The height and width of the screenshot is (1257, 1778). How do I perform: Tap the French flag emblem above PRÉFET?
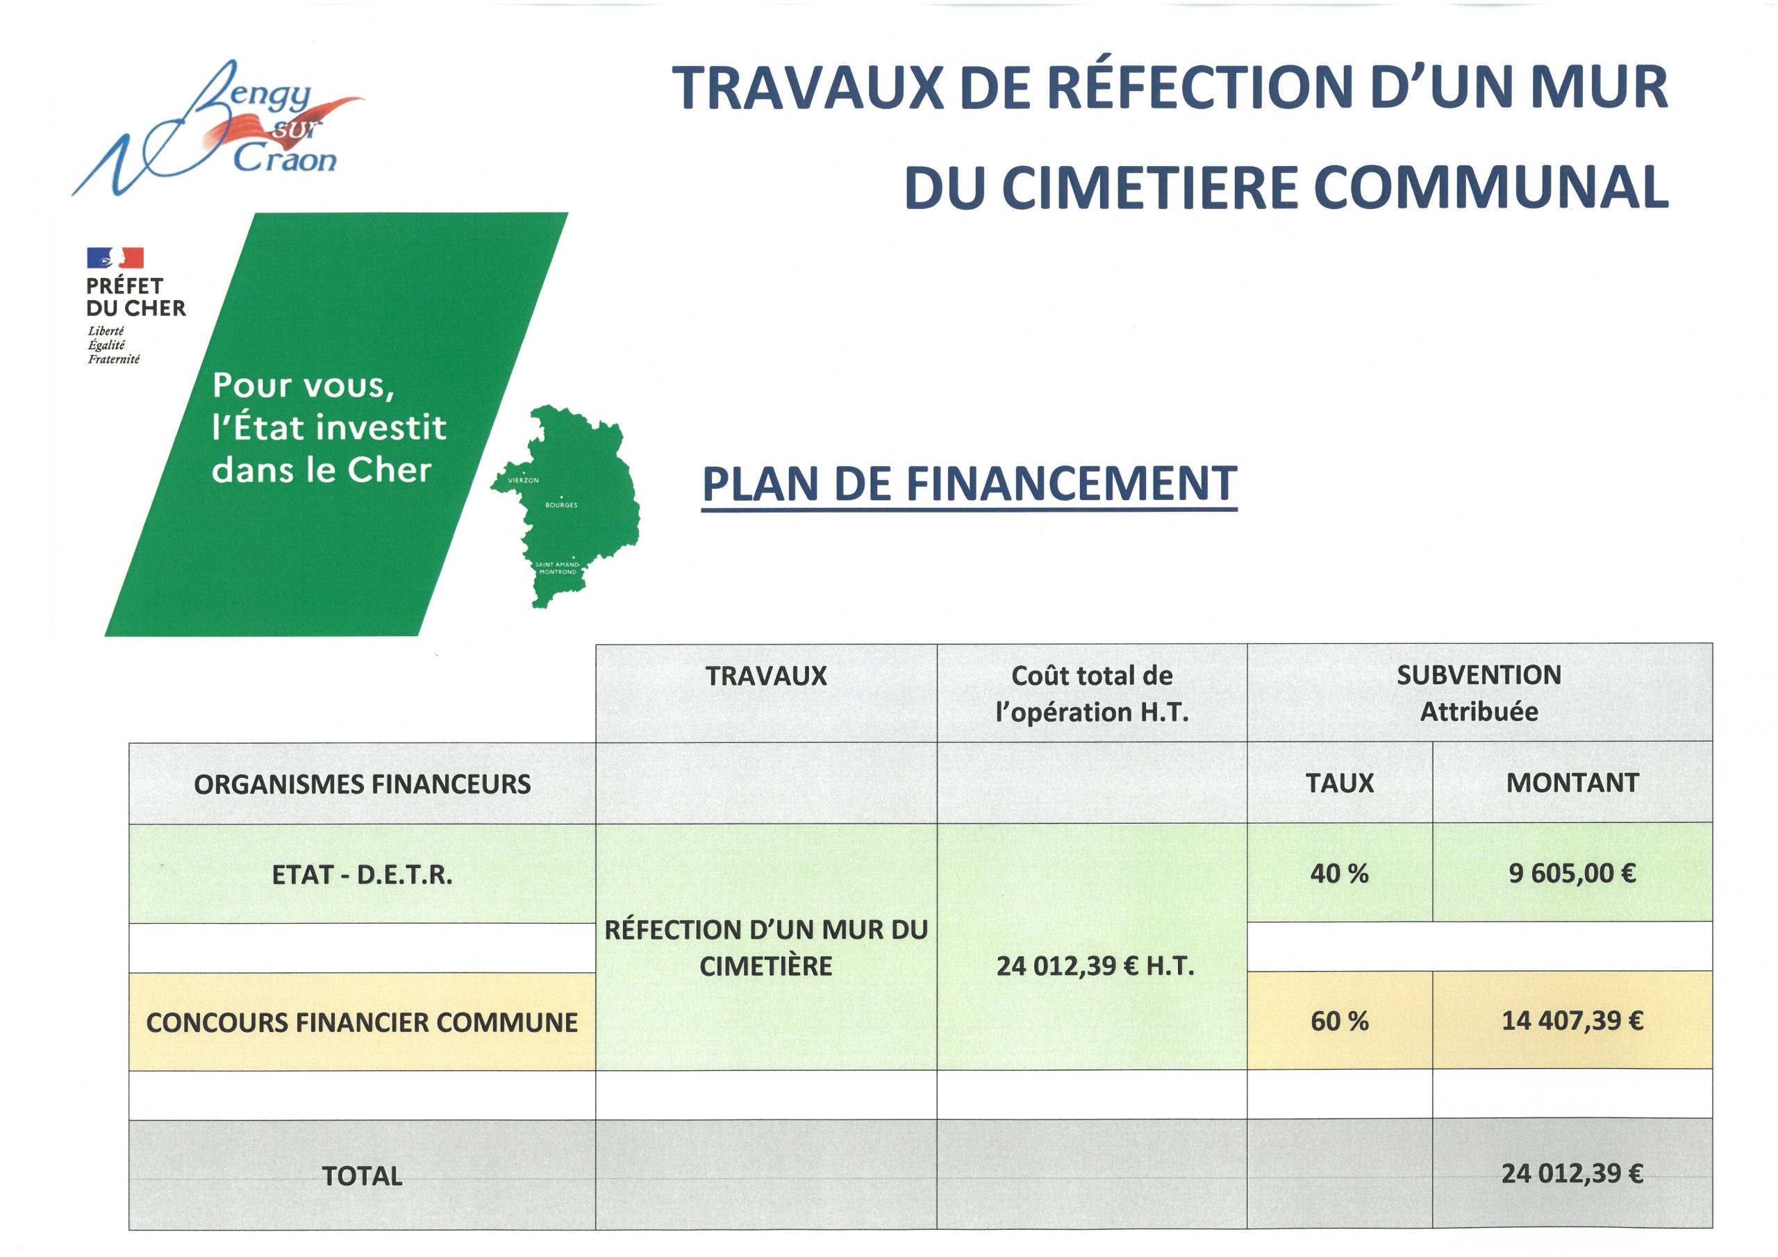(x=115, y=258)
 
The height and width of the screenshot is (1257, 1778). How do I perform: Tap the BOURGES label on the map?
(x=561, y=505)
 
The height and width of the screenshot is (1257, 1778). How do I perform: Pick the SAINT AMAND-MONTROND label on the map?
(x=558, y=567)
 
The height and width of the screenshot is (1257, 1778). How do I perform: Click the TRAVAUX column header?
(x=766, y=677)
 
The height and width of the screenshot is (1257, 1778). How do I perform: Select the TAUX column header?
(x=1340, y=783)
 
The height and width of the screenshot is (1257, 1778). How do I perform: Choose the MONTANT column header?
(x=1572, y=783)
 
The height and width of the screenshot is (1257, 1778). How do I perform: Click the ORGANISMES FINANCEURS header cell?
(x=363, y=785)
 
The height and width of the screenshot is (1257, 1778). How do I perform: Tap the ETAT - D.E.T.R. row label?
(x=363, y=875)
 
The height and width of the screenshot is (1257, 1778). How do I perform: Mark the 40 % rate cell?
(x=1340, y=874)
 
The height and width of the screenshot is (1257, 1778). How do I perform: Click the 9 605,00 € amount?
(x=1572, y=874)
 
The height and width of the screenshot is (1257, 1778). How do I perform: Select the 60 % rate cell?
(x=1340, y=1021)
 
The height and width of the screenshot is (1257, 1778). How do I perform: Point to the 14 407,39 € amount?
(x=1572, y=1021)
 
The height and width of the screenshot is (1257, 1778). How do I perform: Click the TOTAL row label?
(x=363, y=1176)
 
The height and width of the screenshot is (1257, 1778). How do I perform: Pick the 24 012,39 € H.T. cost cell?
(x=1095, y=966)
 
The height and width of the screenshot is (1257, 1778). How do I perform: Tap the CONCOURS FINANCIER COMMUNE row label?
(x=363, y=1022)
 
